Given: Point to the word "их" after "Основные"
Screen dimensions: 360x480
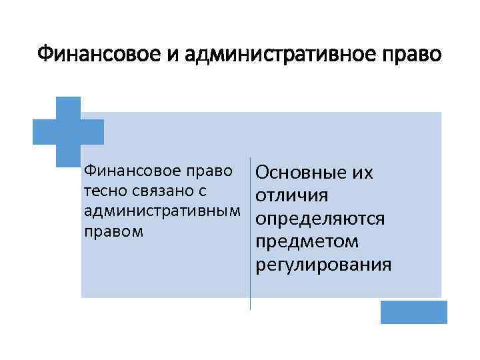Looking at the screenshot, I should (x=361, y=174).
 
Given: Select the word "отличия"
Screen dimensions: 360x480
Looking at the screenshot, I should (x=291, y=197).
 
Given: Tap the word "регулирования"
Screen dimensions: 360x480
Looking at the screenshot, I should (x=323, y=265).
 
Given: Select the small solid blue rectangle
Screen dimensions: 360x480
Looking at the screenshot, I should (x=413, y=312).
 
